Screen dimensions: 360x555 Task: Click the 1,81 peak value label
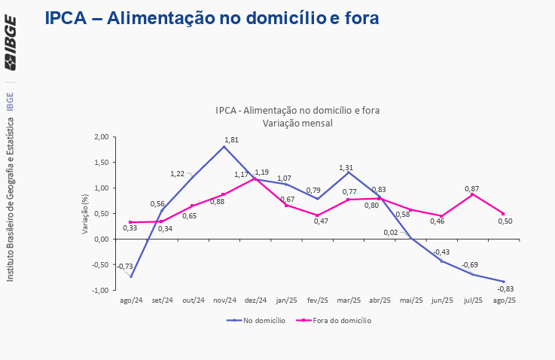[x=232, y=139]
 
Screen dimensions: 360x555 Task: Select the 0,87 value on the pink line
[x=473, y=188]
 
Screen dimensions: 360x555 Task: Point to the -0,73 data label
[x=125, y=266]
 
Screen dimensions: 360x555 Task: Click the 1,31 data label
[x=346, y=167]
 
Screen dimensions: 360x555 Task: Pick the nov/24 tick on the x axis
[x=224, y=301]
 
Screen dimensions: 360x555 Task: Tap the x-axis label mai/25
[x=410, y=301]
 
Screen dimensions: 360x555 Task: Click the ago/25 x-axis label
[x=504, y=301]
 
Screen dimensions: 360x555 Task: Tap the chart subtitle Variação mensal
[x=297, y=122]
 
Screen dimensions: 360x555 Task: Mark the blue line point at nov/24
[x=224, y=146]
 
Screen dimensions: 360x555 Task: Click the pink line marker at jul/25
[x=472, y=194]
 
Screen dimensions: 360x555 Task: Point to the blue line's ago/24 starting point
[x=131, y=276]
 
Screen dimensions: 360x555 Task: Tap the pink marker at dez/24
[x=255, y=178]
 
